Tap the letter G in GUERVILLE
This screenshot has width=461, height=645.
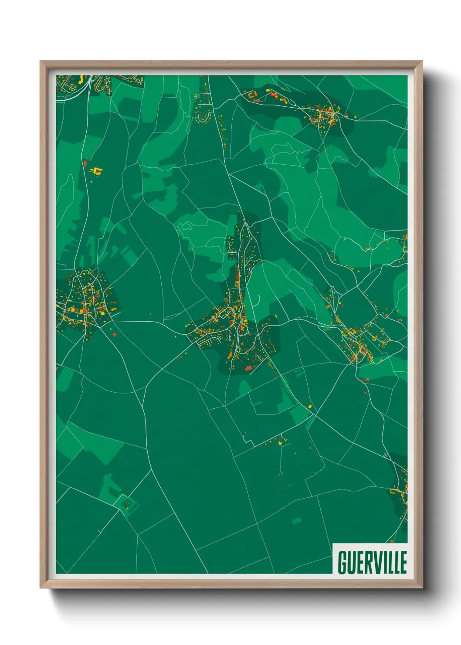pos(342,562)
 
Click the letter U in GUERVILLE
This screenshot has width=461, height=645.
pos(351,562)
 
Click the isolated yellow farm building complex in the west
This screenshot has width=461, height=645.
pos(97,171)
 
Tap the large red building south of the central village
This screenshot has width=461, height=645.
pos(249,368)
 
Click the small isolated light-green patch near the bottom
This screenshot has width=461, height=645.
pos(297,520)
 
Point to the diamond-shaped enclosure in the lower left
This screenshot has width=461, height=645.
pos(126,505)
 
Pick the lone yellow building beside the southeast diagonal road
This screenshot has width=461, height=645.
pos(310,406)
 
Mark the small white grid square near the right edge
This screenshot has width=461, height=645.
pos(385,455)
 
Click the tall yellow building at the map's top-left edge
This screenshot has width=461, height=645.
pos(81,79)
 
